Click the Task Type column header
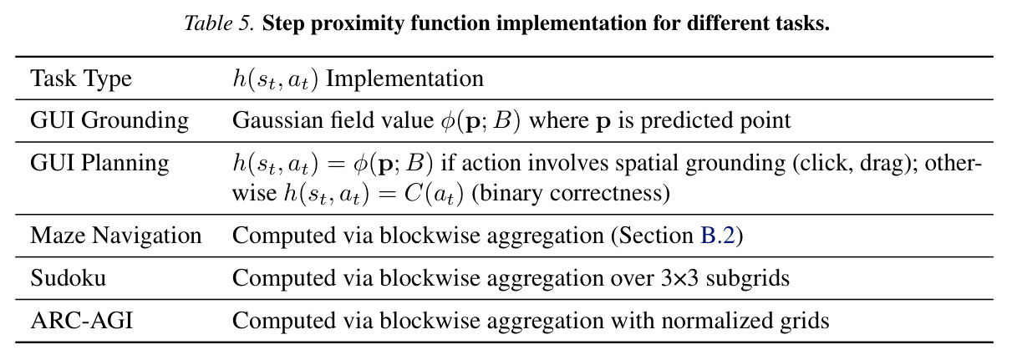click(x=81, y=79)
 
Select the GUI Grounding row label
click(x=109, y=120)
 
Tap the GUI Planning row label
click(x=99, y=163)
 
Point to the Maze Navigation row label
click(x=115, y=236)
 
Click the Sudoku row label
click(x=69, y=278)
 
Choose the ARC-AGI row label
click(x=82, y=320)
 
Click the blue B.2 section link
click(x=718, y=236)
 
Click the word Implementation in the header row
click(x=404, y=79)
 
